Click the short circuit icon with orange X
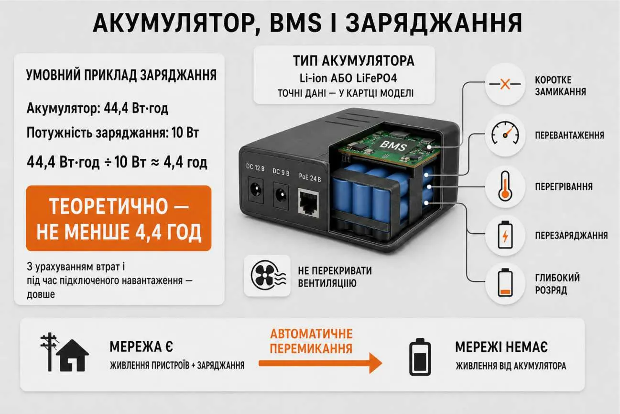pos(505,84)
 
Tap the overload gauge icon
pos(505,134)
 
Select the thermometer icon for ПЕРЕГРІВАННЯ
pos(505,186)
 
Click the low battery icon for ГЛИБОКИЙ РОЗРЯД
pos(505,282)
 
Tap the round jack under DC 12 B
pos(255,190)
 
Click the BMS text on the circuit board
pos(393,145)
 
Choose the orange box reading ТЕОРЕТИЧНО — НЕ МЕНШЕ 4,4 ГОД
pos(119,218)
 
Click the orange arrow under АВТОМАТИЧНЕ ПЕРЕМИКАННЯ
pos(321,363)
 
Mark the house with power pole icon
pos(64,352)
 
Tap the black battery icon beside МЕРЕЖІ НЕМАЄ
pos(420,357)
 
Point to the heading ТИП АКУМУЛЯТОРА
pos(354,61)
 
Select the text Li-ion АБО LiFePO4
pos(348,78)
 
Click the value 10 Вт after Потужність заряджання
pos(185,133)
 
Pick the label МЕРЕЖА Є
pos(141,347)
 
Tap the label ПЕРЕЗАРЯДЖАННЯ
pos(571,235)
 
